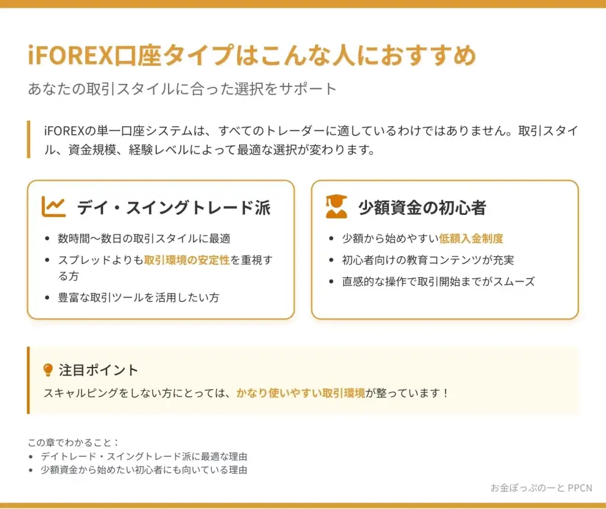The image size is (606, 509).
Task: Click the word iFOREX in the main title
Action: [70, 55]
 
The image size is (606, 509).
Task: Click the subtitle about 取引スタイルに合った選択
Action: [182, 89]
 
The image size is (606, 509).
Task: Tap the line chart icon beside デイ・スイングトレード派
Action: [53, 207]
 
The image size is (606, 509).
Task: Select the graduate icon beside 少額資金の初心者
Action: [336, 207]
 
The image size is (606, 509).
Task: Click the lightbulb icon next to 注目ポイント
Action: [48, 370]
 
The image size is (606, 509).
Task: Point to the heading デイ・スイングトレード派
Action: [173, 208]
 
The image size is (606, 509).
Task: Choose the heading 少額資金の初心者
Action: [422, 208]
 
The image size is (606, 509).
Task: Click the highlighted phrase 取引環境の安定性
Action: [187, 260]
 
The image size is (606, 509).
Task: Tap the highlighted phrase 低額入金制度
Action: [471, 239]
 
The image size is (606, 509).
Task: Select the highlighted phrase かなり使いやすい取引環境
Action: [301, 393]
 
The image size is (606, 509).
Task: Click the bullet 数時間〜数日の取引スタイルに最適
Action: [144, 239]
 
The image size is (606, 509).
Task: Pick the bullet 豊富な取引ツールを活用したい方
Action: [138, 297]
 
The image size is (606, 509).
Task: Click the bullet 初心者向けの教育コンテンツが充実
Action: [428, 260]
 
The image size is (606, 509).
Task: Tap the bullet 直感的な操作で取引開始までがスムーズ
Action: [439, 281]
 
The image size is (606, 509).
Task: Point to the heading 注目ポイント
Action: [98, 370]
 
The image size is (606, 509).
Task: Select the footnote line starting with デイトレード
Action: [144, 456]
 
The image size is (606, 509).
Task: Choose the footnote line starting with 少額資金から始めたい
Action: [144, 470]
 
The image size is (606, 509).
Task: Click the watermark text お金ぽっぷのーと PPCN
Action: [541, 488]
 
